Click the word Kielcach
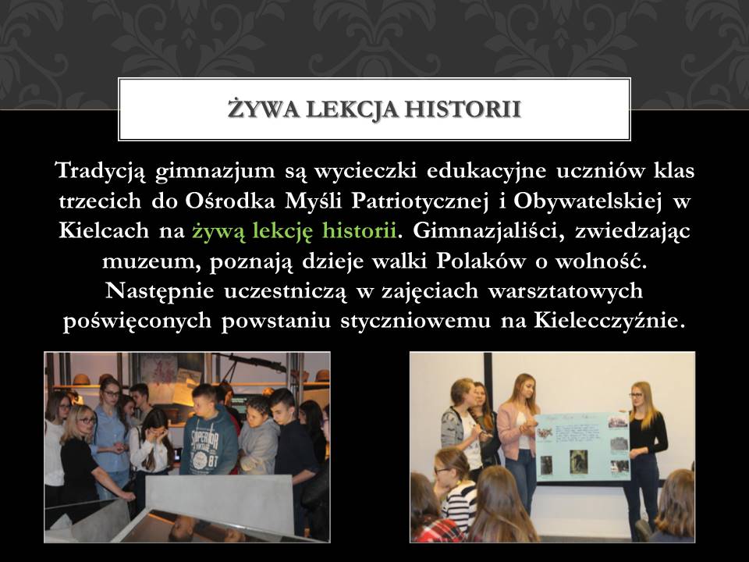[x=104, y=230]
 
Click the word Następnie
[x=159, y=291]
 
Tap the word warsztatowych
[x=566, y=291]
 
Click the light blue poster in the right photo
[x=582, y=446]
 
